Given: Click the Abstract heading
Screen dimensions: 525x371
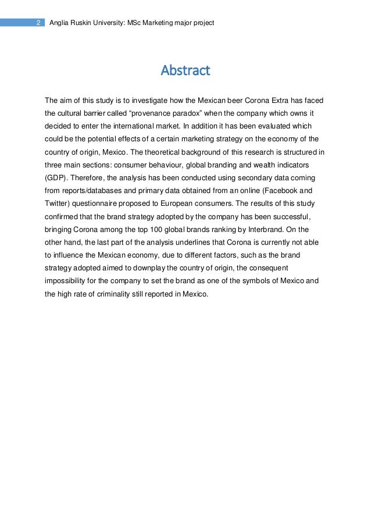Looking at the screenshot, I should point(185,71).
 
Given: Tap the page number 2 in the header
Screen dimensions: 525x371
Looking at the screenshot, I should point(37,23).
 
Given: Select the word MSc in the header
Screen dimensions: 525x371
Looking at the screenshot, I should point(135,23).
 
